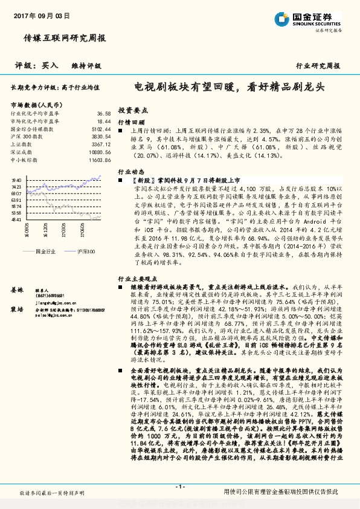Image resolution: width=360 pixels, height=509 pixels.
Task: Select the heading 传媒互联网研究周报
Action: [64, 37]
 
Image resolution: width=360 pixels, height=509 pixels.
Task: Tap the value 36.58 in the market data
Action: [104, 113]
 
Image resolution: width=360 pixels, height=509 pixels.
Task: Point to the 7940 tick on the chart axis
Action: [16, 180]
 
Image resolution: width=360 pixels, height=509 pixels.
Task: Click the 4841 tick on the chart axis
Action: [16, 220]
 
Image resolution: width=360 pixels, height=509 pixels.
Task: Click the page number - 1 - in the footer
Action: [179, 487]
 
